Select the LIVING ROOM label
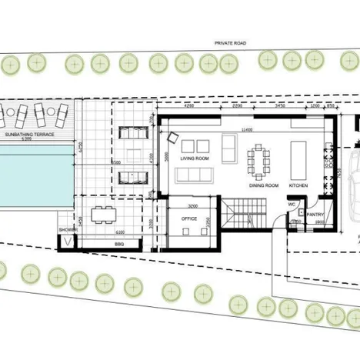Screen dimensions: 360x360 click(195, 158)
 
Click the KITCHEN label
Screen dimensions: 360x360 click(298, 185)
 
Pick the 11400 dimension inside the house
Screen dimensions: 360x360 click(245, 129)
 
